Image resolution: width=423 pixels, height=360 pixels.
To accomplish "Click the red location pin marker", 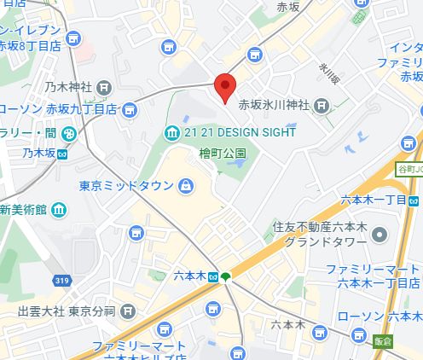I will click(223, 89).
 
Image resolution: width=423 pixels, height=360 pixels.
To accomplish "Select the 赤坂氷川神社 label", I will click(273, 106).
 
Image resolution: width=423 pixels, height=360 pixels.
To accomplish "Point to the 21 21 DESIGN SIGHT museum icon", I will click(171, 132).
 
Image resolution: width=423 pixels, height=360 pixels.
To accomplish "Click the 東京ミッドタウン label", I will click(127, 186).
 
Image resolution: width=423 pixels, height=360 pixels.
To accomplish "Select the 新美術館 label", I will click(23, 209).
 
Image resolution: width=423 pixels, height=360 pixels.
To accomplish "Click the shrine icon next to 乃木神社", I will click(105, 86).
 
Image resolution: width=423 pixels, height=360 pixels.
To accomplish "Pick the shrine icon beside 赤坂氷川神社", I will click(322, 106).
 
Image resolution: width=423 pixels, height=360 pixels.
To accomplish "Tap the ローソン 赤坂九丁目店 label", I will click(57, 109).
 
